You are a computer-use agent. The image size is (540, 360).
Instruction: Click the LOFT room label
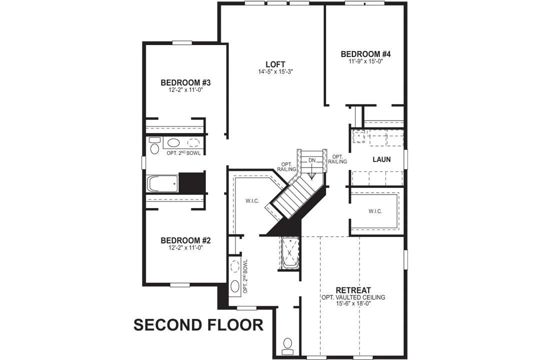[x=275, y=64]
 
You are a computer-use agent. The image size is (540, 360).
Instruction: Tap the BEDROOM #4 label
[x=365, y=54]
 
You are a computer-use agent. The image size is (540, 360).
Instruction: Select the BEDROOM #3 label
[x=185, y=82]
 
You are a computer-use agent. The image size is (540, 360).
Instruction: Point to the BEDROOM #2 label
[x=186, y=240]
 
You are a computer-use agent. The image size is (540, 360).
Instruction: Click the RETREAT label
[x=353, y=290]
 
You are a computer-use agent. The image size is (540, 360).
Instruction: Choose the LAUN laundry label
[x=381, y=160]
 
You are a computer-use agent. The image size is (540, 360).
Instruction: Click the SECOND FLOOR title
[x=198, y=325]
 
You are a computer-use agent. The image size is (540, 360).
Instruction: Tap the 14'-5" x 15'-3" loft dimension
[x=275, y=72]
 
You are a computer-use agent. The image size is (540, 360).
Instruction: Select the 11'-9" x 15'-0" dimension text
[x=365, y=61]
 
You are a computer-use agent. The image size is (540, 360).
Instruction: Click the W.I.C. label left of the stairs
[x=251, y=201]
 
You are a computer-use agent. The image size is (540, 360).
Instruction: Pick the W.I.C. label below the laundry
[x=375, y=211]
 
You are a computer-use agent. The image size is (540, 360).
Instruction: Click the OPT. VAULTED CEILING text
[x=353, y=297]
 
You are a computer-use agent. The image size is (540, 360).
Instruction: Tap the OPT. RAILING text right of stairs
[x=337, y=159]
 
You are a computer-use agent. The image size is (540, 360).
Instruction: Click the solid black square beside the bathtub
[x=192, y=182]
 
